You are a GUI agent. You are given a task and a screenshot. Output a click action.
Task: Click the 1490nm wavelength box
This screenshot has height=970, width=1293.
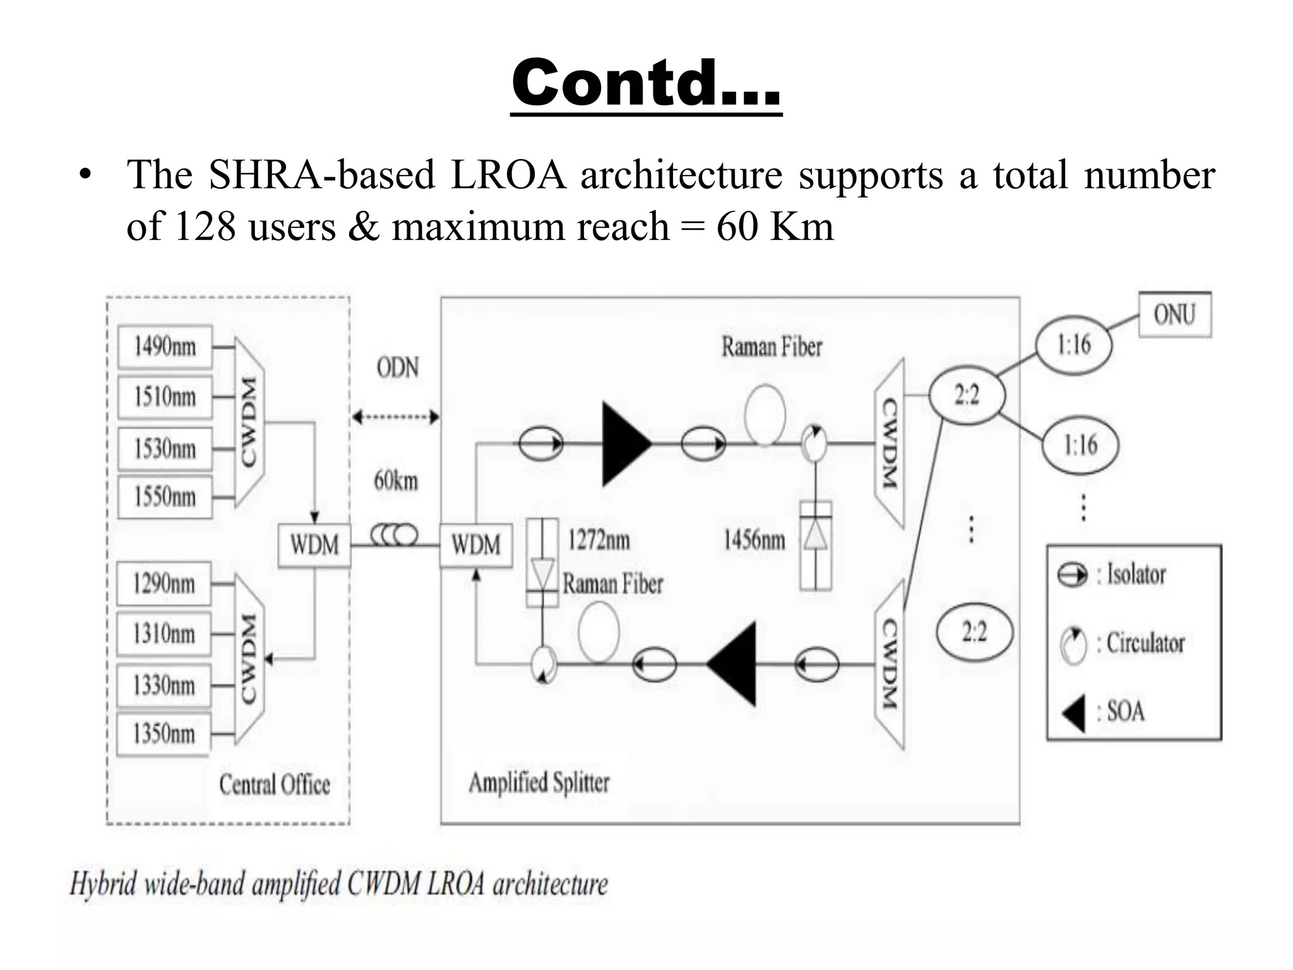point(165,347)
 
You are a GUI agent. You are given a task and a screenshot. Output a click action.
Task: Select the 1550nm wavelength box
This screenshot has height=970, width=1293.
point(165,497)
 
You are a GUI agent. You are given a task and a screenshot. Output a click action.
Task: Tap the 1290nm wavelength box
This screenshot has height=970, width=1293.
point(164,584)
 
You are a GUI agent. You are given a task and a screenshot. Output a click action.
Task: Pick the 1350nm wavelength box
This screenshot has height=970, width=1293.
point(164,734)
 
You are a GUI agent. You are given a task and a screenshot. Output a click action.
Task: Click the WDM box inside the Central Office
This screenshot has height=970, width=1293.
point(314,545)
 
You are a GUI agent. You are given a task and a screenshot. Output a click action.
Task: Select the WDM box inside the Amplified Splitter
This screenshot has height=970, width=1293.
point(476,545)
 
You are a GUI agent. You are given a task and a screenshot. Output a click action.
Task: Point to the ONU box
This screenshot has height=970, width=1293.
point(1174,314)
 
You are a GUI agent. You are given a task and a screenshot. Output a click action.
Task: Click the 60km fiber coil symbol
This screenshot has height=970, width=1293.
point(395,536)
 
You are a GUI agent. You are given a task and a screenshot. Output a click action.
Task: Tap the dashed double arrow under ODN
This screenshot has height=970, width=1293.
point(396,417)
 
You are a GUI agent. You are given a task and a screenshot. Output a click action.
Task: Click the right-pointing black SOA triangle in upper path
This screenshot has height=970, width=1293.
point(624,444)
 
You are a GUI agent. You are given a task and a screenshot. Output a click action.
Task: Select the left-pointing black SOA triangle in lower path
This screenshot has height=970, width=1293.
point(734,664)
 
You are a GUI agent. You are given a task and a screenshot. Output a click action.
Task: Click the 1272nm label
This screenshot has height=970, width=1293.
point(598,541)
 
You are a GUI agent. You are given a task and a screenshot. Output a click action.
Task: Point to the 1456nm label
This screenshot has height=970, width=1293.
point(754,541)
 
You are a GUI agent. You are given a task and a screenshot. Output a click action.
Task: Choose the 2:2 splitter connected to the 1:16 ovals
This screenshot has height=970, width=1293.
point(967,396)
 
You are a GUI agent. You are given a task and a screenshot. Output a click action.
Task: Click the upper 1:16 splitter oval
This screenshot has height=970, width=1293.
point(1073,345)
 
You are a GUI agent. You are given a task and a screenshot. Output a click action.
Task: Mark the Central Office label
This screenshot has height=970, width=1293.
point(275,785)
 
